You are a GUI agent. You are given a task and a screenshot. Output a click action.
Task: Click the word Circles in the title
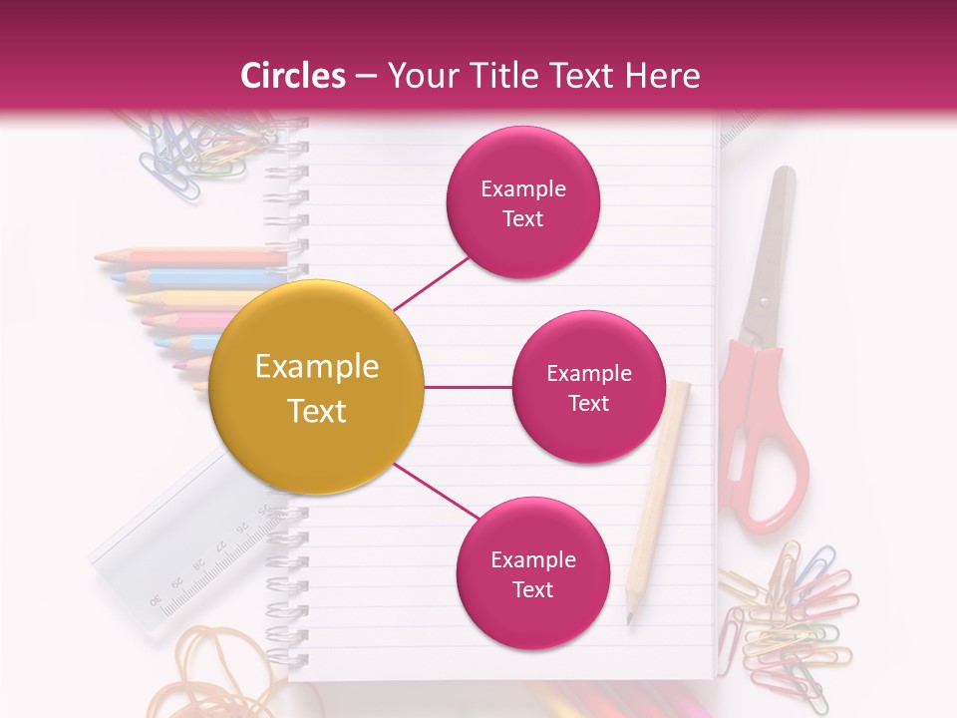(x=293, y=76)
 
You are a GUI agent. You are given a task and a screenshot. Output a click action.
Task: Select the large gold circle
(x=317, y=388)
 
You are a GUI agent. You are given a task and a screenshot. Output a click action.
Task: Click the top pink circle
(x=523, y=202)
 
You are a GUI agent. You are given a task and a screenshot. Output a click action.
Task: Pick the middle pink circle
(x=588, y=387)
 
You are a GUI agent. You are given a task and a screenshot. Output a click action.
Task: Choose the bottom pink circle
(x=532, y=573)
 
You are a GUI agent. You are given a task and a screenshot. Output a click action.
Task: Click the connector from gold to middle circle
(x=468, y=387)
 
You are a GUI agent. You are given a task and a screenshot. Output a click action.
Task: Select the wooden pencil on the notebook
(x=658, y=489)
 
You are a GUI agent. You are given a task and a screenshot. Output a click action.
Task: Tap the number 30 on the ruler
(x=156, y=599)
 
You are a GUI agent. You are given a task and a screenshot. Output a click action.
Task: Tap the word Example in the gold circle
(x=317, y=367)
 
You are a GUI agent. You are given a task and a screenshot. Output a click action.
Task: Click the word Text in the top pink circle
(x=523, y=218)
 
